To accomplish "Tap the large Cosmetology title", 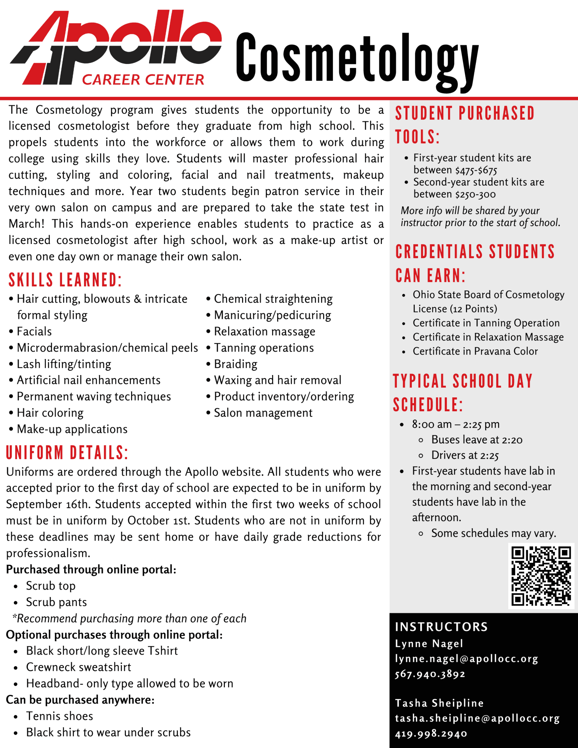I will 357,58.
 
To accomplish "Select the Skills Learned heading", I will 65,280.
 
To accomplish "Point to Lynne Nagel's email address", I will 466,659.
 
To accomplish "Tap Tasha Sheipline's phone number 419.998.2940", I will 431,733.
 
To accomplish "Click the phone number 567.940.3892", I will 430,674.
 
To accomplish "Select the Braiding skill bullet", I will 236,364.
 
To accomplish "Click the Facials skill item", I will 34,332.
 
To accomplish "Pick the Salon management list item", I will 263,413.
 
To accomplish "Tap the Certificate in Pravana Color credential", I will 475,351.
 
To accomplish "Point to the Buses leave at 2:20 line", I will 476,440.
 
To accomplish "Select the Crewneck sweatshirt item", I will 79,667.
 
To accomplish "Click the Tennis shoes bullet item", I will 60,716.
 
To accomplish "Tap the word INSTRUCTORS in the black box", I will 441,627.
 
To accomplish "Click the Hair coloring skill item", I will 50,413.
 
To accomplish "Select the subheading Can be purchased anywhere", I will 80,700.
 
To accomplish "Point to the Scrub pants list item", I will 56,602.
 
